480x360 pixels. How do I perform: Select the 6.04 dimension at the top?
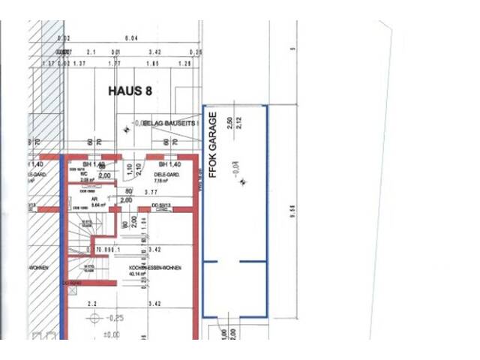click(131, 37)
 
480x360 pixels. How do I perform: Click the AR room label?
click(94, 199)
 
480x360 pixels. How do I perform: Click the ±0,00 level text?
click(111, 335)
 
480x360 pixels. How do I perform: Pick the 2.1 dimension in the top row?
click(92, 52)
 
